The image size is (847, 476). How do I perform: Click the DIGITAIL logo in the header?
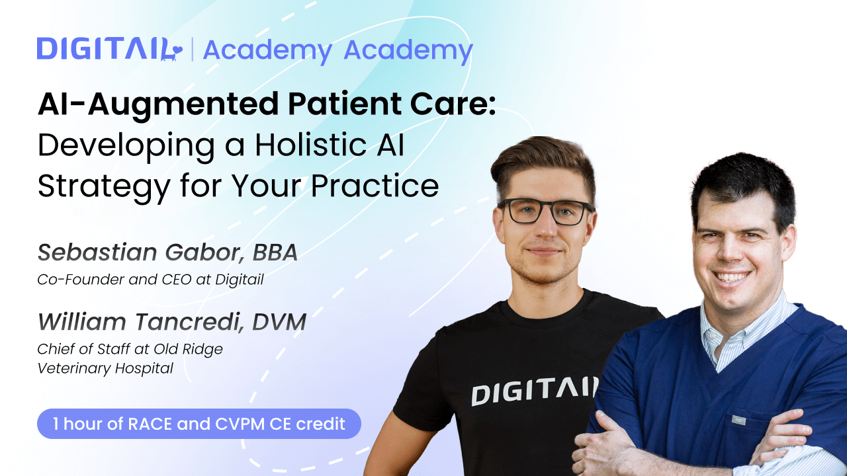tap(109, 50)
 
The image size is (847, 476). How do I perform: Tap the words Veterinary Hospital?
tap(105, 368)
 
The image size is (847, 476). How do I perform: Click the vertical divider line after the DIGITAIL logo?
tap(192, 50)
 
